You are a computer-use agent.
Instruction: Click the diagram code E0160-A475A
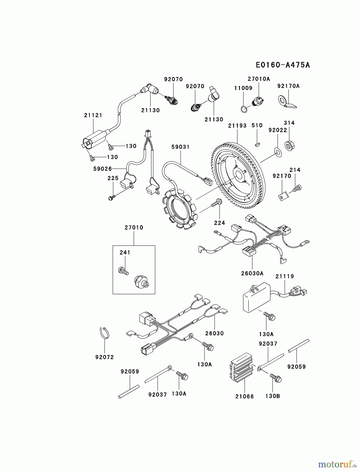(283, 65)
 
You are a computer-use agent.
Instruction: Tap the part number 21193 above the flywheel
(237, 126)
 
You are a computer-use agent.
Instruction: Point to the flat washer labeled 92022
(278, 152)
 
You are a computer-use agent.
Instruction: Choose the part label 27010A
(259, 79)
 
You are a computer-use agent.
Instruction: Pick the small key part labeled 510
(257, 143)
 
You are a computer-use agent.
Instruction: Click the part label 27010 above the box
(134, 228)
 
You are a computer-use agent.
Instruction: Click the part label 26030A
(252, 273)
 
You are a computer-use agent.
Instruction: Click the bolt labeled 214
(297, 188)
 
